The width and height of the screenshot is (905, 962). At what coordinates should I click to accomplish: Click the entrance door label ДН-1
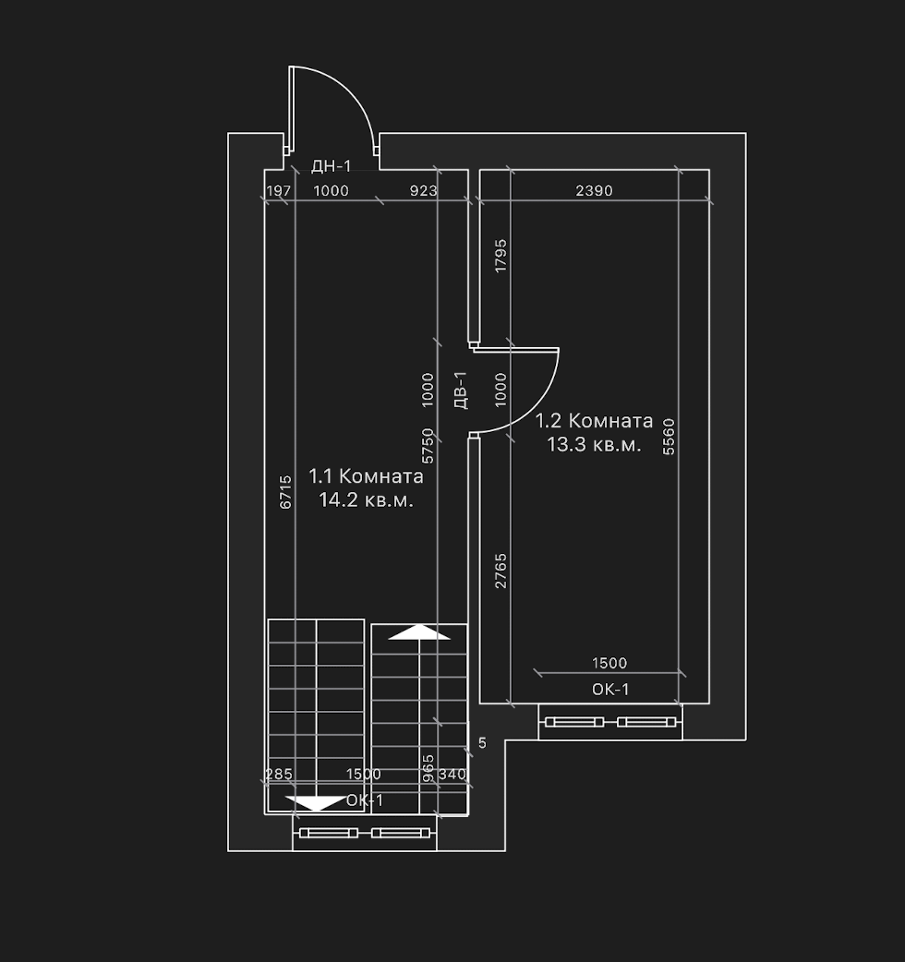pyautogui.click(x=332, y=165)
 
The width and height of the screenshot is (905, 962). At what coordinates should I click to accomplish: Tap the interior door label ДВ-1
pyautogui.click(x=461, y=390)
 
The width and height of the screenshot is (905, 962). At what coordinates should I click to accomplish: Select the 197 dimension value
pyautogui.click(x=279, y=191)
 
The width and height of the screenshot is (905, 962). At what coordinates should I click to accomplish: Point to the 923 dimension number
pyautogui.click(x=423, y=191)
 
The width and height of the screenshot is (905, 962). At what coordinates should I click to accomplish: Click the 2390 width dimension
pyautogui.click(x=594, y=191)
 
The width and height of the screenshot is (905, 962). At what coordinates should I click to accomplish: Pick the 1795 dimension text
pyautogui.click(x=501, y=256)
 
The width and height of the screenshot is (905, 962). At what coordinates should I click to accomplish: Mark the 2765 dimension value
pyautogui.click(x=501, y=571)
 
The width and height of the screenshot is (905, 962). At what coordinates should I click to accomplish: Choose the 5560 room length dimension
pyautogui.click(x=669, y=436)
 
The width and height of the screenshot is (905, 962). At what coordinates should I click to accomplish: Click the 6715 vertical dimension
pyautogui.click(x=285, y=492)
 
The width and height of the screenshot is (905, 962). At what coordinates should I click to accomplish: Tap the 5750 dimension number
pyautogui.click(x=428, y=446)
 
